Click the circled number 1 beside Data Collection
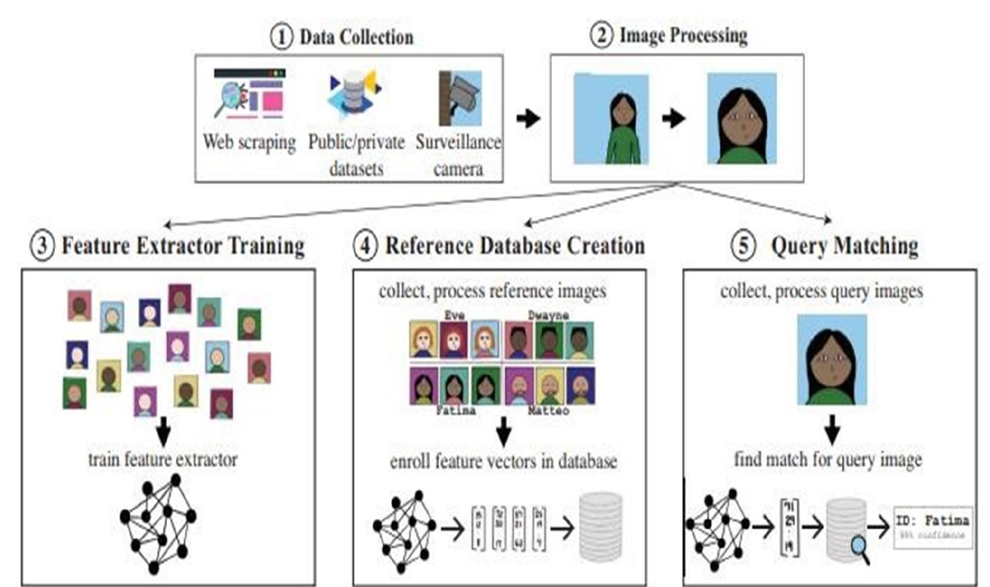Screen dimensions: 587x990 [282, 37]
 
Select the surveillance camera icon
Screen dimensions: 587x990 [460, 99]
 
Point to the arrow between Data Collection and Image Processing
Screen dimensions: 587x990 [527, 118]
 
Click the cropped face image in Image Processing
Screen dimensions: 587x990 [741, 118]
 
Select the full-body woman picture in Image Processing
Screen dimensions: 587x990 [611, 118]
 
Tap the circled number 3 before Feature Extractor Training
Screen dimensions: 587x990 [42, 245]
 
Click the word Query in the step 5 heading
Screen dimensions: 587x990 [797, 246]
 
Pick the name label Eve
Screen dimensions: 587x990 [454, 315]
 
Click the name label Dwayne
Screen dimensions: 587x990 [548, 315]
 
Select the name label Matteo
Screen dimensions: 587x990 [548, 410]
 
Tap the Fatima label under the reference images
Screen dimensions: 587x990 [455, 410]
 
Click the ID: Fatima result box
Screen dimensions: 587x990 [933, 526]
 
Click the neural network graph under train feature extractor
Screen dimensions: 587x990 [158, 523]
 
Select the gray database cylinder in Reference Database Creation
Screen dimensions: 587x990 [601, 527]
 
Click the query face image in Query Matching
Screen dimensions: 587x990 [832, 360]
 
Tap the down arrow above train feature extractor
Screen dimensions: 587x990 [163, 432]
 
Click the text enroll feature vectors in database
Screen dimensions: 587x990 [503, 462]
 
